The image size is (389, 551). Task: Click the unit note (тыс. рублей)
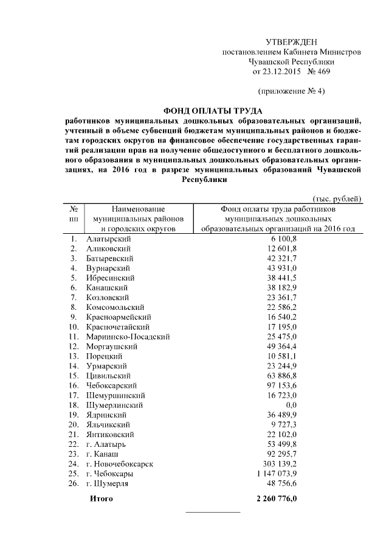click(337, 198)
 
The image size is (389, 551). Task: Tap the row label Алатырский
click(109, 239)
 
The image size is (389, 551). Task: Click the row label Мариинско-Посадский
click(127, 336)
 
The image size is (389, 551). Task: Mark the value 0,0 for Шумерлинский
click(291, 405)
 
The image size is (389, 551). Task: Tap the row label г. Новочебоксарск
click(119, 464)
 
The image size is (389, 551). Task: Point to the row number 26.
click(74, 483)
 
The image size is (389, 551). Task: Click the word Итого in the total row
click(102, 499)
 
